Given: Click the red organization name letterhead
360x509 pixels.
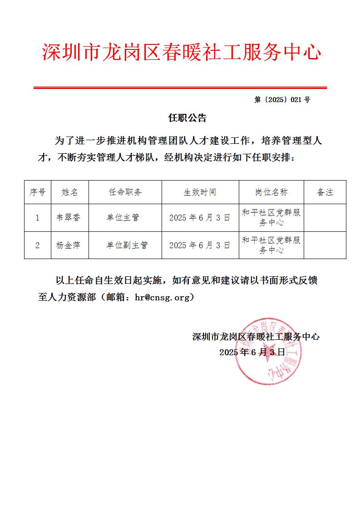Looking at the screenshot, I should click(x=181, y=53).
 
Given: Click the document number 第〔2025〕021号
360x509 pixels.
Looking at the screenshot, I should click(x=282, y=100).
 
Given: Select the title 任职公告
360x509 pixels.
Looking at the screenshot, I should click(x=187, y=118).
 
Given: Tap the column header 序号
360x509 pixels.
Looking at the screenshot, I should click(x=38, y=192).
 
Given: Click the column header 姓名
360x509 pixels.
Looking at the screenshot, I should click(x=70, y=192).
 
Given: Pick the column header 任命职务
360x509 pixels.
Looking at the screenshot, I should click(x=125, y=192).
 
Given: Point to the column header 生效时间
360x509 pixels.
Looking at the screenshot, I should click(x=200, y=192).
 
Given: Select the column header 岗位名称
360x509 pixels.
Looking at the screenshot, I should click(x=271, y=192).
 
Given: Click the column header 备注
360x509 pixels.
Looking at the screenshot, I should click(x=325, y=192).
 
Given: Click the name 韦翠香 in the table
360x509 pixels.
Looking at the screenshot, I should click(x=69, y=218).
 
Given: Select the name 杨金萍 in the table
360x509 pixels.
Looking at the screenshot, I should click(x=69, y=245).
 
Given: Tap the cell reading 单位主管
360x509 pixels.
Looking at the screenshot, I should click(x=123, y=218).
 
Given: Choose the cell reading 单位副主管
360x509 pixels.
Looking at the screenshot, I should click(x=127, y=245).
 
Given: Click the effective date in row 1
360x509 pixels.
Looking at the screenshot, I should click(x=200, y=218).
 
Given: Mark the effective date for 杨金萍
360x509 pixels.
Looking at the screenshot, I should click(x=200, y=245).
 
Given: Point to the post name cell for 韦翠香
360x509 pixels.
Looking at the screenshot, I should click(x=271, y=218).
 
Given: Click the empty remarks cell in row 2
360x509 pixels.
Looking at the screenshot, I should click(x=325, y=245).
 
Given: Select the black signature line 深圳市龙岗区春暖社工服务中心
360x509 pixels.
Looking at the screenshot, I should click(x=256, y=337).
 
